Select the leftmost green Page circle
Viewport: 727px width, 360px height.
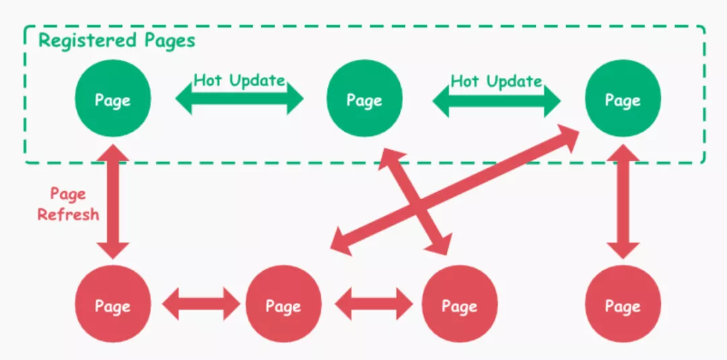pyautogui.click(x=112, y=100)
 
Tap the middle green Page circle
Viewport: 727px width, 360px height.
pyautogui.click(x=364, y=100)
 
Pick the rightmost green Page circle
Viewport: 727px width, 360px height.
pyautogui.click(x=623, y=100)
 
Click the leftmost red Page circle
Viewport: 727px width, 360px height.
pyautogui.click(x=112, y=305)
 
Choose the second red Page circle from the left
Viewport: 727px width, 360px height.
pyautogui.click(x=283, y=305)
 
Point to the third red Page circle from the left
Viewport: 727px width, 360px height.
pyautogui.click(x=459, y=305)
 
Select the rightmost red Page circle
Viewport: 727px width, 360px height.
pyautogui.click(x=623, y=305)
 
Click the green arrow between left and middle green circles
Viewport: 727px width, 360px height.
pyautogui.click(x=240, y=101)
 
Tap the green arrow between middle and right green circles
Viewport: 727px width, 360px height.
pyautogui.click(x=496, y=101)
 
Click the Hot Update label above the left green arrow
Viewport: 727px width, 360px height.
pyautogui.click(x=240, y=81)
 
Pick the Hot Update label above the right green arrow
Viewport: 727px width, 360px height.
pyautogui.click(x=496, y=81)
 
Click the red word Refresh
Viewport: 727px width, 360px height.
pyautogui.click(x=68, y=215)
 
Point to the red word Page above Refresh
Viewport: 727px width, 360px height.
pyautogui.click(x=68, y=194)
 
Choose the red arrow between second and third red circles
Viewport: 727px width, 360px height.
pyautogui.click(x=374, y=305)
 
